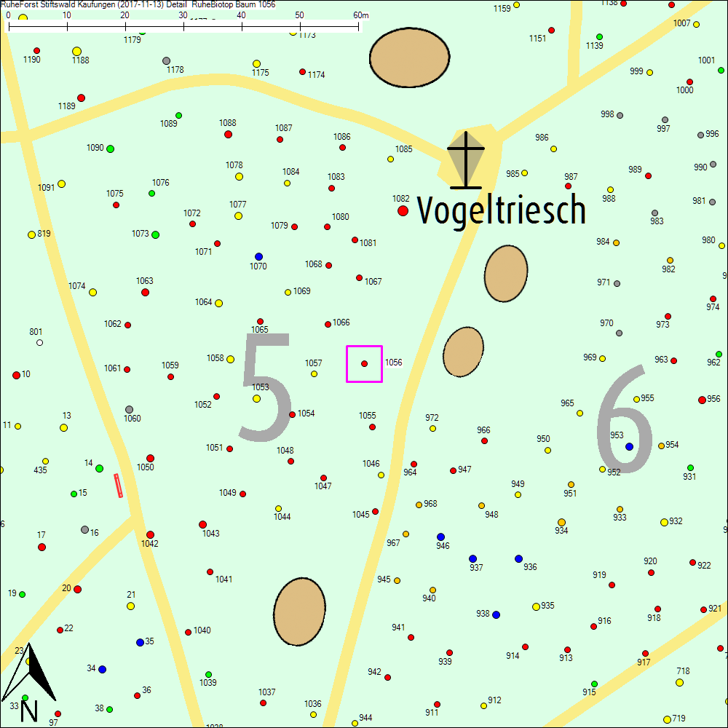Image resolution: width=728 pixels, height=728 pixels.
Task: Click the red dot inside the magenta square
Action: coord(365,363)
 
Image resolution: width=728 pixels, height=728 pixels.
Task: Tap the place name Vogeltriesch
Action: coord(502,210)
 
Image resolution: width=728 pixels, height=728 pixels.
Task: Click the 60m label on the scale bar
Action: coord(361,15)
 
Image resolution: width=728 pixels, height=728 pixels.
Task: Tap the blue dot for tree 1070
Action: coord(258,256)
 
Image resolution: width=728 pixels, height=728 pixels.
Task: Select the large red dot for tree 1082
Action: coord(403,210)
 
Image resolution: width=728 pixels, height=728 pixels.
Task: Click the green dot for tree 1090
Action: coord(111,149)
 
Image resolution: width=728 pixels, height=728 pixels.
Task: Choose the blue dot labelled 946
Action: coord(440,537)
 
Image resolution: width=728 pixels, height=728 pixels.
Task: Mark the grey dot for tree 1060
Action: coord(129,409)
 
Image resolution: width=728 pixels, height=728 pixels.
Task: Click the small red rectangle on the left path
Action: coord(119,486)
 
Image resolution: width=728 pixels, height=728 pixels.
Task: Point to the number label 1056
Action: coord(394,362)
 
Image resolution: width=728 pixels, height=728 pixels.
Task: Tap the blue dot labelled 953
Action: coord(629,446)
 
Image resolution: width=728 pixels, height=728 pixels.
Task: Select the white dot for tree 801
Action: coord(39,342)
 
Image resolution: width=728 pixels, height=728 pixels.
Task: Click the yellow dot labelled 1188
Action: coord(76,51)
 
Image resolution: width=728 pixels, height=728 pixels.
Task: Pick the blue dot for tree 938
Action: coord(496,614)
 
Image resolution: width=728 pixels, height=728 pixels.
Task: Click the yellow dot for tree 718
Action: coord(679,682)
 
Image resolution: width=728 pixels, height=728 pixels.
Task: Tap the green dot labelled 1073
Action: coord(155,234)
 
